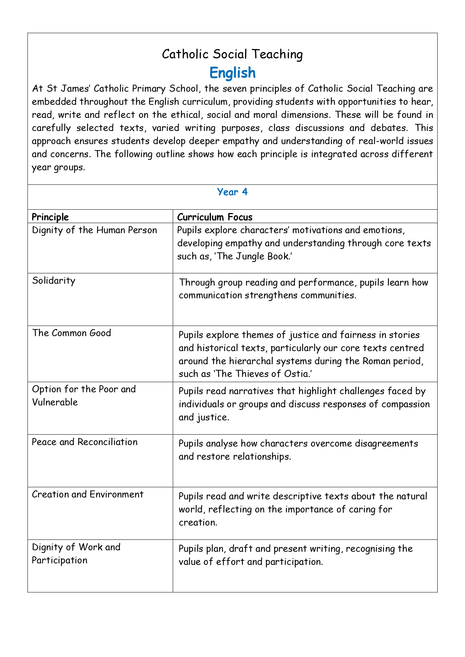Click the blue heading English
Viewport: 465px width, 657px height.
tap(232, 73)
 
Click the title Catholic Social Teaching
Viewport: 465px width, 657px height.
tap(232, 54)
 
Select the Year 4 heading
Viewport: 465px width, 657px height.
tap(232, 192)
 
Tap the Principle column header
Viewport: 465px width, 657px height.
tap(50, 217)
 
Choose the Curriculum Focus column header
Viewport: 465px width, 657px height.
tap(215, 217)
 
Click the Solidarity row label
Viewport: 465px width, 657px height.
tap(54, 281)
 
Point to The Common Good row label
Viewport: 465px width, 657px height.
tap(72, 333)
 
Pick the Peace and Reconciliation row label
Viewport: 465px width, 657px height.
tap(85, 442)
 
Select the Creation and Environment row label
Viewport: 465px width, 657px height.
tap(88, 495)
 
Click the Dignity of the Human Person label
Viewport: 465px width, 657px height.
tap(94, 230)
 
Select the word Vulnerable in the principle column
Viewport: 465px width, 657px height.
tap(55, 402)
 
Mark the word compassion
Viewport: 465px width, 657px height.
tap(406, 404)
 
